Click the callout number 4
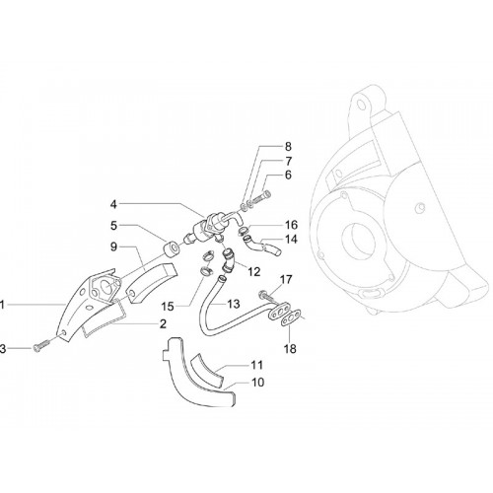coord(113,205)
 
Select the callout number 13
coord(234,304)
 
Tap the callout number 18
coord(290,349)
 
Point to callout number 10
coord(257,383)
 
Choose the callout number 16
coord(291,225)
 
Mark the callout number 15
coord(168,307)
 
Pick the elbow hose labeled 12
coord(228,261)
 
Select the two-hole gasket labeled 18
coord(291,318)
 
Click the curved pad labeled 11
coord(207,369)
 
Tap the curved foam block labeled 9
coord(152,283)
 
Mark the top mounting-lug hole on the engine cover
coord(361,106)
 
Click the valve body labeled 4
coord(210,227)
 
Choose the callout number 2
coord(163,323)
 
